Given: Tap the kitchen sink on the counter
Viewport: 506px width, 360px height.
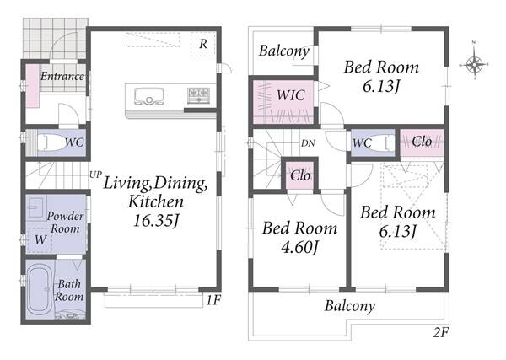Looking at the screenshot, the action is click(148, 96).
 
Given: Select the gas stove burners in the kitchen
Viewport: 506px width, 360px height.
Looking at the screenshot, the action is click(199, 95).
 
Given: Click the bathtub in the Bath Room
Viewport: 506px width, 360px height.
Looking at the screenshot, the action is click(39, 288).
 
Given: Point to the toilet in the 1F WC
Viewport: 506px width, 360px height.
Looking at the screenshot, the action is click(50, 142).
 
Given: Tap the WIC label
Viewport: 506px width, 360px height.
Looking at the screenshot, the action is click(291, 95).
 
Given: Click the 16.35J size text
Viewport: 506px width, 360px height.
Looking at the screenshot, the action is click(156, 221).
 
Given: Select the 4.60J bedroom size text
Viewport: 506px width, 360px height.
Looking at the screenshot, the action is click(300, 247).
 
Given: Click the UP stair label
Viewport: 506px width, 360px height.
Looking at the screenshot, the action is click(95, 175).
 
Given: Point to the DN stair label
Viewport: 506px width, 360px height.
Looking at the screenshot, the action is click(308, 143).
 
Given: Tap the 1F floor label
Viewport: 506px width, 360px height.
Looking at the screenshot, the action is click(213, 300).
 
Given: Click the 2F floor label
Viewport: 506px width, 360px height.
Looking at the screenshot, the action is click(441, 332).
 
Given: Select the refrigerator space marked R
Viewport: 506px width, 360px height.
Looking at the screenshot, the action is click(202, 44).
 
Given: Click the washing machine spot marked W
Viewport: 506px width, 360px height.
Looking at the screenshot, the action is click(40, 239).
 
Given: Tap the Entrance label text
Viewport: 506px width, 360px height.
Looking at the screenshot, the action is click(62, 76).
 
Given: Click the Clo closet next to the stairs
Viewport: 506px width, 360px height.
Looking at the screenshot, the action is click(300, 176).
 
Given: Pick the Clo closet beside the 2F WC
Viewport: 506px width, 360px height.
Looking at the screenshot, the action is click(422, 142).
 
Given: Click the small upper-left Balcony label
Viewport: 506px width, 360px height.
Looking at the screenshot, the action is click(284, 51).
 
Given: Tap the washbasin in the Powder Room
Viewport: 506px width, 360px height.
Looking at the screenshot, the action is click(36, 207).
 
